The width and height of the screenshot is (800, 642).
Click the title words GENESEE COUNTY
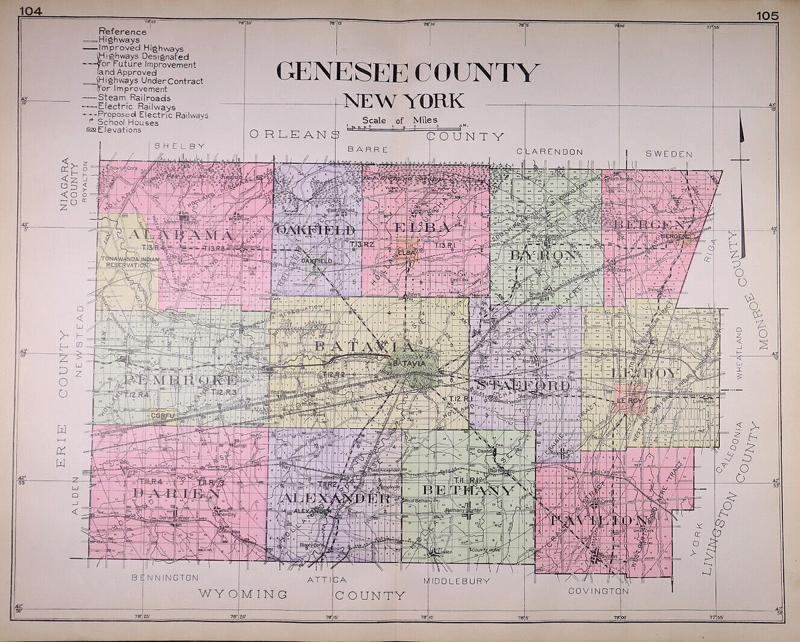(407, 71)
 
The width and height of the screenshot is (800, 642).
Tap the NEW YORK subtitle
(403, 101)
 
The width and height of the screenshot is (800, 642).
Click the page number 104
(31, 11)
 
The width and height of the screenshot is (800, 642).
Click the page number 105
(767, 16)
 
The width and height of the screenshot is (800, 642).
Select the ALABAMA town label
(181, 235)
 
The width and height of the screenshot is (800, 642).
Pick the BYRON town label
(543, 255)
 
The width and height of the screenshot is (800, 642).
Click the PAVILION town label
(599, 519)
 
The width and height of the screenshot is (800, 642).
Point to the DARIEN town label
(177, 493)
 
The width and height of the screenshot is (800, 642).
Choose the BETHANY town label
(469, 491)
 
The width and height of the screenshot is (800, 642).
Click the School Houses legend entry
(128, 123)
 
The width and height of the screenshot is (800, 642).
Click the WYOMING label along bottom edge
(243, 594)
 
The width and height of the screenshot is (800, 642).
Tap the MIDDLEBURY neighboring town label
(457, 581)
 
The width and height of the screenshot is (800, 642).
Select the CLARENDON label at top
(550, 152)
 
